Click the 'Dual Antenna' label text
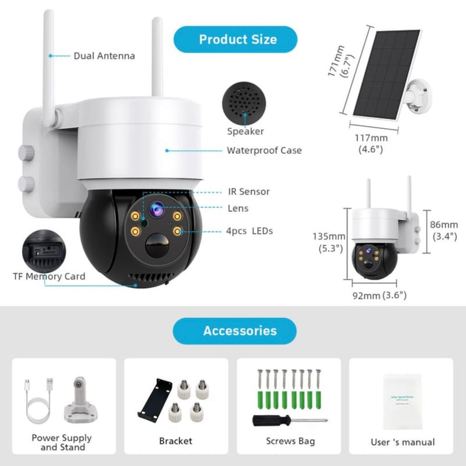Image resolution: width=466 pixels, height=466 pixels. coord(104,56)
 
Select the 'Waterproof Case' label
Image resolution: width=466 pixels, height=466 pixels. coord(264,150)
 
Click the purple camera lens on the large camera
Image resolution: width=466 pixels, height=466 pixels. coord(157,209)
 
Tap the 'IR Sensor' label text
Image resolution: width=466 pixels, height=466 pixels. coord(248,192)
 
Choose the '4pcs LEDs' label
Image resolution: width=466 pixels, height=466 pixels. coord(249,231)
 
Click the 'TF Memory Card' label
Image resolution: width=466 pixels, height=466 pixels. coord(49,276)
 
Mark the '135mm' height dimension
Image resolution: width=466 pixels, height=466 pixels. coord(329,237)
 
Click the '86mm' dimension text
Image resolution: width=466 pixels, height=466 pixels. coord(444,224)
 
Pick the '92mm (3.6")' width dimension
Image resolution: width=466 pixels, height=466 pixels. coord(379,295)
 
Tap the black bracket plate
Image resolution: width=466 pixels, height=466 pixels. coord(155,400)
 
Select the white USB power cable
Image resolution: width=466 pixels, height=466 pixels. coord(38,401)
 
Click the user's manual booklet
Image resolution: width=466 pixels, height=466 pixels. coord(402,401)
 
